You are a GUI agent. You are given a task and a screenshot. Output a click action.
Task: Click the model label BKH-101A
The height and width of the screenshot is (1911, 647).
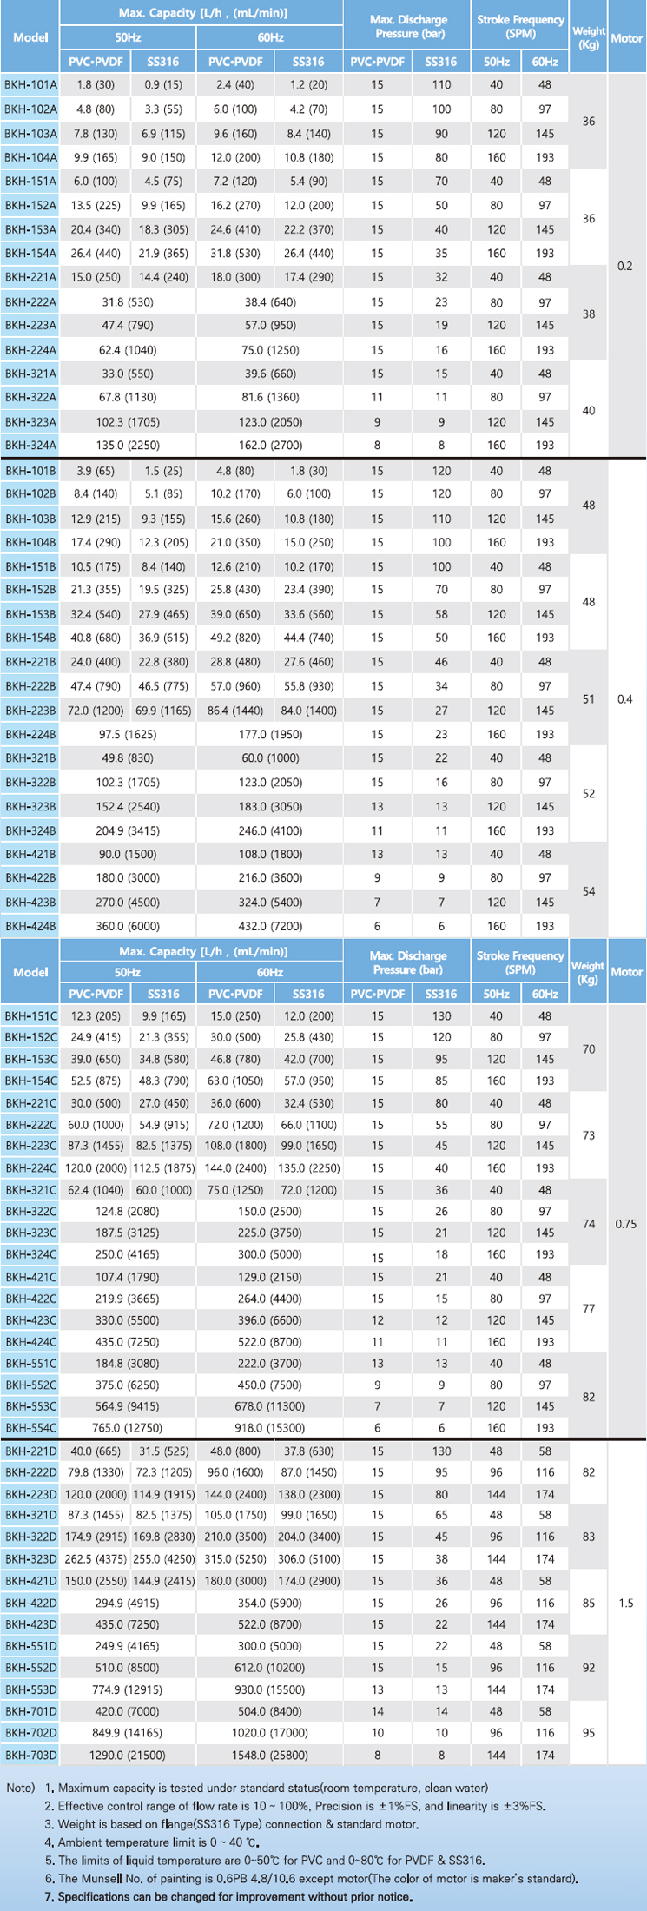coord(30,85)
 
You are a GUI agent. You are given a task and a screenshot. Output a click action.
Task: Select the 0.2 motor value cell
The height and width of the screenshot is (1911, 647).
coord(624,267)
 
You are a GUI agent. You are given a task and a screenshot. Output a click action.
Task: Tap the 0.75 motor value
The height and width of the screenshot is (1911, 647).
coord(625,1224)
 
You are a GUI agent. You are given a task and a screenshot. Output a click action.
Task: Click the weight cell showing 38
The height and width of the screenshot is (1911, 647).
coord(589,314)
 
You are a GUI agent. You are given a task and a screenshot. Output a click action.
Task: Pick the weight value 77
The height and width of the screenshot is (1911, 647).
coord(589,1309)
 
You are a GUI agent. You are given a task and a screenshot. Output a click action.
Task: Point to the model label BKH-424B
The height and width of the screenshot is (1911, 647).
coord(30,927)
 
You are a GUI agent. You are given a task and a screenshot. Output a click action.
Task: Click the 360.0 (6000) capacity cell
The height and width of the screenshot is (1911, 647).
coord(128,927)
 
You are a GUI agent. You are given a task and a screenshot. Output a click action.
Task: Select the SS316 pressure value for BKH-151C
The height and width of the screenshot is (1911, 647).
coord(441,1016)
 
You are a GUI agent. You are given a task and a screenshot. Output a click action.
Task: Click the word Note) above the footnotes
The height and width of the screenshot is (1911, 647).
coord(21,1788)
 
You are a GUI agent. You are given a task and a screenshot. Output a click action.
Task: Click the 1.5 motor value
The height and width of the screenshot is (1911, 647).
coord(625,1604)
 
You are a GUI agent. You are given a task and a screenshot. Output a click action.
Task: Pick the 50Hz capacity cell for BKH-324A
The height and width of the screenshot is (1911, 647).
coord(128,446)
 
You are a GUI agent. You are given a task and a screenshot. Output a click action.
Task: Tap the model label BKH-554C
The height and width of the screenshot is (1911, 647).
coord(30,1428)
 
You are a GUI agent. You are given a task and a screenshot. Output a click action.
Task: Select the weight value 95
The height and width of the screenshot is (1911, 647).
coord(589,1733)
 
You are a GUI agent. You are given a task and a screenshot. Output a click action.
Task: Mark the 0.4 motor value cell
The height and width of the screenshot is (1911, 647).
coord(624,699)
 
